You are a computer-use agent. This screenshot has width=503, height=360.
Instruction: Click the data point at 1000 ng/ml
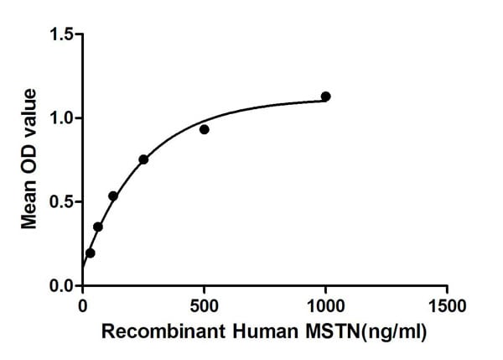click(x=325, y=97)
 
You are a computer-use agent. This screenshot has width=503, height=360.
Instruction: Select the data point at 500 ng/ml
click(x=204, y=129)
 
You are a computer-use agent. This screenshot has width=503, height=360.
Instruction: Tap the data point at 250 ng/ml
click(x=143, y=159)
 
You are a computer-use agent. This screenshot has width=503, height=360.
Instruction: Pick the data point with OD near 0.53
click(x=113, y=196)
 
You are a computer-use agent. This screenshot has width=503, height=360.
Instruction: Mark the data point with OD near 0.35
click(x=98, y=227)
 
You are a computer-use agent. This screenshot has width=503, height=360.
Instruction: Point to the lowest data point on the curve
click(x=91, y=253)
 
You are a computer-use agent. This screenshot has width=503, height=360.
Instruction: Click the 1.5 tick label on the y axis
click(x=61, y=34)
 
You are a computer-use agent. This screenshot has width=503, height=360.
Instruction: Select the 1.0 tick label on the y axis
click(x=61, y=118)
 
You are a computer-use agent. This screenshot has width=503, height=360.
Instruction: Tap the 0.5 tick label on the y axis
click(x=61, y=202)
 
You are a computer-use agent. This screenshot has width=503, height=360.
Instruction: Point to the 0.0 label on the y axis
click(x=61, y=286)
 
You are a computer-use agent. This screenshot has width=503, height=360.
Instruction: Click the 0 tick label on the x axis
click(x=82, y=304)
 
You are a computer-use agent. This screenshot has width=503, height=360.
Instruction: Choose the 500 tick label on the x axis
click(x=204, y=304)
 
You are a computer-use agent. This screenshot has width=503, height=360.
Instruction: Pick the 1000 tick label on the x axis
click(x=325, y=304)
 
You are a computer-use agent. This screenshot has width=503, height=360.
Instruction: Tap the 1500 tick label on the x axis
click(x=446, y=304)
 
